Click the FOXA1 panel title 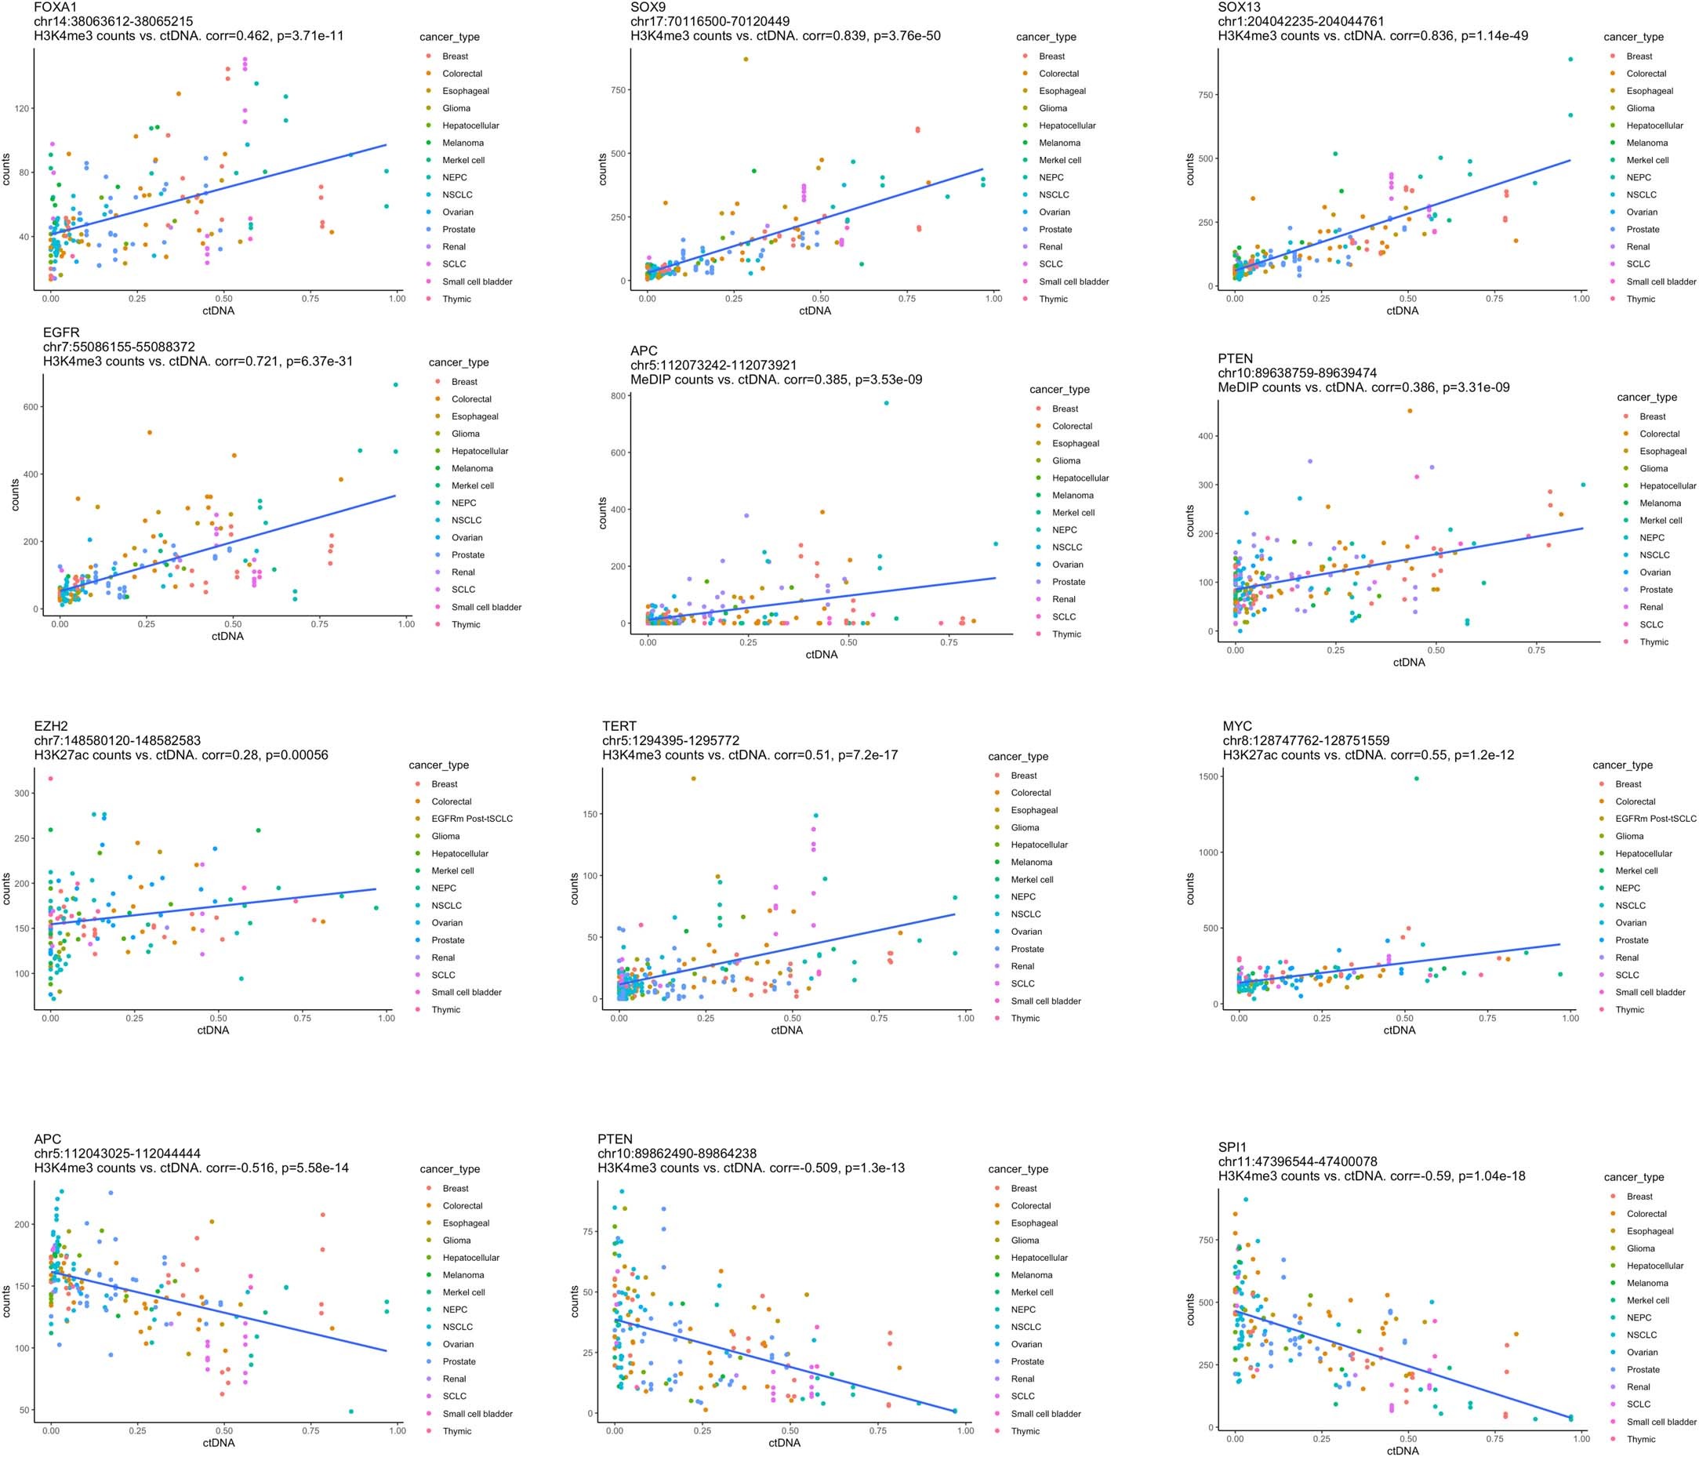[x=55, y=6]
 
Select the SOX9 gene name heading [x=648, y=6]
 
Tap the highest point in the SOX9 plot [x=746, y=59]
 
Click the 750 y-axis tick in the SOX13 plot [x=1204, y=95]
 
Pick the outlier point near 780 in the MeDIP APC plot [x=887, y=402]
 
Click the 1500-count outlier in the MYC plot [x=1416, y=778]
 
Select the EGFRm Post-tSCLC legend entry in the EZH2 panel [x=471, y=818]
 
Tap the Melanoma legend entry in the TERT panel [x=1032, y=862]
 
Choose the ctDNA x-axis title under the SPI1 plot [x=1402, y=1451]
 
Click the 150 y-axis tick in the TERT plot [x=590, y=814]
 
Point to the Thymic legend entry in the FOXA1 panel [x=457, y=299]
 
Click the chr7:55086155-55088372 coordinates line [x=119, y=347]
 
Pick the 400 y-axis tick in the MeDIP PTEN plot [x=1204, y=436]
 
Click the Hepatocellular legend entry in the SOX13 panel [x=1654, y=125]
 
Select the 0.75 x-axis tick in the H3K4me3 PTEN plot [x=877, y=1430]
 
